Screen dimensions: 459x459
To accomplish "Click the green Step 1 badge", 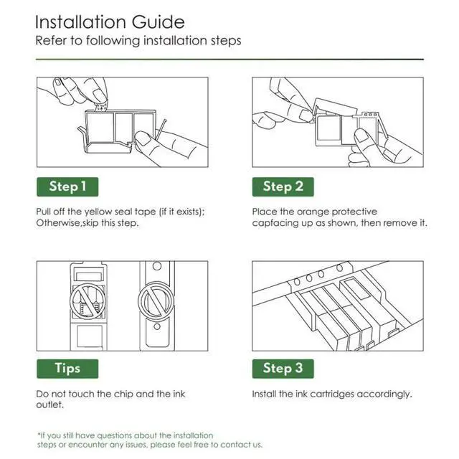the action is (x=67, y=186).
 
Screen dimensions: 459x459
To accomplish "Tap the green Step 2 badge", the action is (x=283, y=186).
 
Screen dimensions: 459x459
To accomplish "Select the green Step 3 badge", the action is (x=283, y=369).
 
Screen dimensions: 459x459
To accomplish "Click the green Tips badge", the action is (x=67, y=369).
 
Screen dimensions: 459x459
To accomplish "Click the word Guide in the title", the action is (x=158, y=22).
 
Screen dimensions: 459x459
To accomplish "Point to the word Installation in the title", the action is (x=81, y=22).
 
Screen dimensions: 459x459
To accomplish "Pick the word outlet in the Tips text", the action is (x=49, y=404).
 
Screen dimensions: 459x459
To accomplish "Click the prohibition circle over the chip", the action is (x=87, y=301).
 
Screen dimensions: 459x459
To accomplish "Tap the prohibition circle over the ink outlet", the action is (x=156, y=301).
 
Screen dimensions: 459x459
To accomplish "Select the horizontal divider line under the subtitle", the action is (x=229, y=60).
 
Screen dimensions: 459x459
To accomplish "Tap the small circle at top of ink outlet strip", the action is (x=157, y=266).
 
